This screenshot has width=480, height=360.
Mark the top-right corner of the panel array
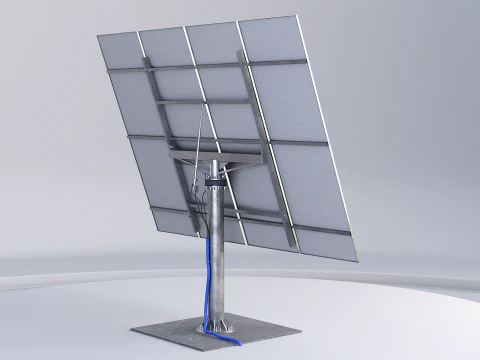(x=299, y=17)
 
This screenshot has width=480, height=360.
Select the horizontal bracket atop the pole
(x=215, y=157)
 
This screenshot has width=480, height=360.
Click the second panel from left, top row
(x=164, y=46)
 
